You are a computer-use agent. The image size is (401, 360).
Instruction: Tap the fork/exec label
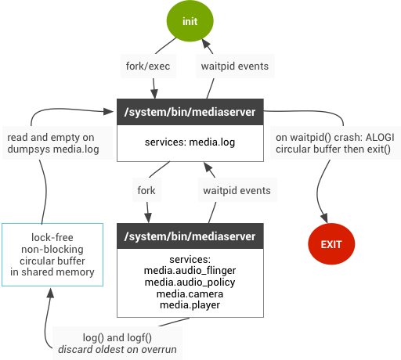[148, 67]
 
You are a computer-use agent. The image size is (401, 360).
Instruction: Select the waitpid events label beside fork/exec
[235, 67]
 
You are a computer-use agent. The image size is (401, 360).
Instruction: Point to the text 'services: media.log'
[190, 142]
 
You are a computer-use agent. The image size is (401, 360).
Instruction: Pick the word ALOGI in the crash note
[378, 137]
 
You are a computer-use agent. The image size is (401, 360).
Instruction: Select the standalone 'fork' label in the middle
[146, 190]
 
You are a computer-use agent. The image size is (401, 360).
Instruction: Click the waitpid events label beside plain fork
[237, 190]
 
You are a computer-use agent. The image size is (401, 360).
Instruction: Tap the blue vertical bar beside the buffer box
[110, 254]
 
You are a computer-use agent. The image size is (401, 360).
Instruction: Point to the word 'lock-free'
[52, 237]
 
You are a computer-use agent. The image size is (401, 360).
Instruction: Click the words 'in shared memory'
[52, 272]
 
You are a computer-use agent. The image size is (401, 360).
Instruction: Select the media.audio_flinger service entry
[190, 271]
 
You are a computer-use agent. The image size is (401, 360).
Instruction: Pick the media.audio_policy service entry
[190, 282]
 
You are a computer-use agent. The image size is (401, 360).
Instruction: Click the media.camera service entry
[190, 293]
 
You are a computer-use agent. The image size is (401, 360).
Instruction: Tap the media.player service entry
[190, 304]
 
